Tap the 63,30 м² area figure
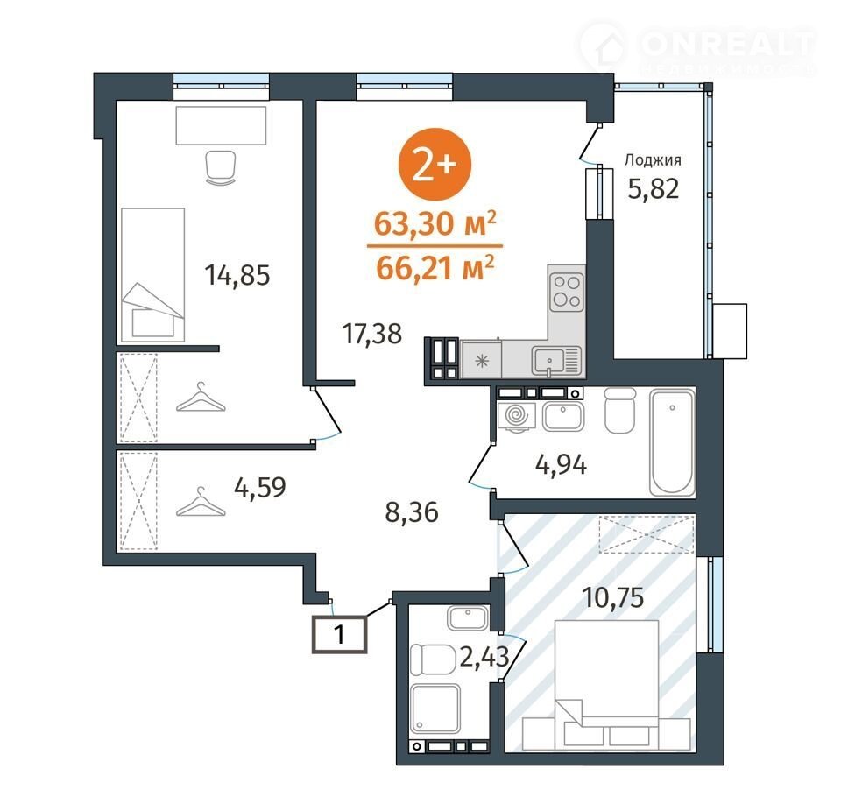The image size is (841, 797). pyautogui.click(x=435, y=224)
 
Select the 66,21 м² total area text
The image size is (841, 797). pyautogui.click(x=435, y=268)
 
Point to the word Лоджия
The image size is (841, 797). pyautogui.click(x=653, y=159)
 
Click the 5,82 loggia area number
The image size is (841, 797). pyautogui.click(x=654, y=189)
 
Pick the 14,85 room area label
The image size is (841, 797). pyautogui.click(x=237, y=276)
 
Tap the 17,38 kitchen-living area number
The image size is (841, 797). pyautogui.click(x=371, y=334)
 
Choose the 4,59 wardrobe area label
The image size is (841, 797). pyautogui.click(x=260, y=488)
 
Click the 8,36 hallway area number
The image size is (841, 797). pyautogui.click(x=412, y=512)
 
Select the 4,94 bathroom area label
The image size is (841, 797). pyautogui.click(x=561, y=464)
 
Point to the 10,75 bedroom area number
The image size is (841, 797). pyautogui.click(x=613, y=597)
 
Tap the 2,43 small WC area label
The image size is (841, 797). pyautogui.click(x=484, y=657)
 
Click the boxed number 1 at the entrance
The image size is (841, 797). pyautogui.click(x=340, y=635)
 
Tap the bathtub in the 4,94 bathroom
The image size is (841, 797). pyautogui.click(x=672, y=443)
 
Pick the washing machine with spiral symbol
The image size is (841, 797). pyautogui.click(x=517, y=417)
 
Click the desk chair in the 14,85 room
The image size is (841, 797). pyautogui.click(x=221, y=167)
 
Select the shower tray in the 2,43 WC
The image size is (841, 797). pyautogui.click(x=435, y=709)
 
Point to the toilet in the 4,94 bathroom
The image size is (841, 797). pyautogui.click(x=619, y=410)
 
